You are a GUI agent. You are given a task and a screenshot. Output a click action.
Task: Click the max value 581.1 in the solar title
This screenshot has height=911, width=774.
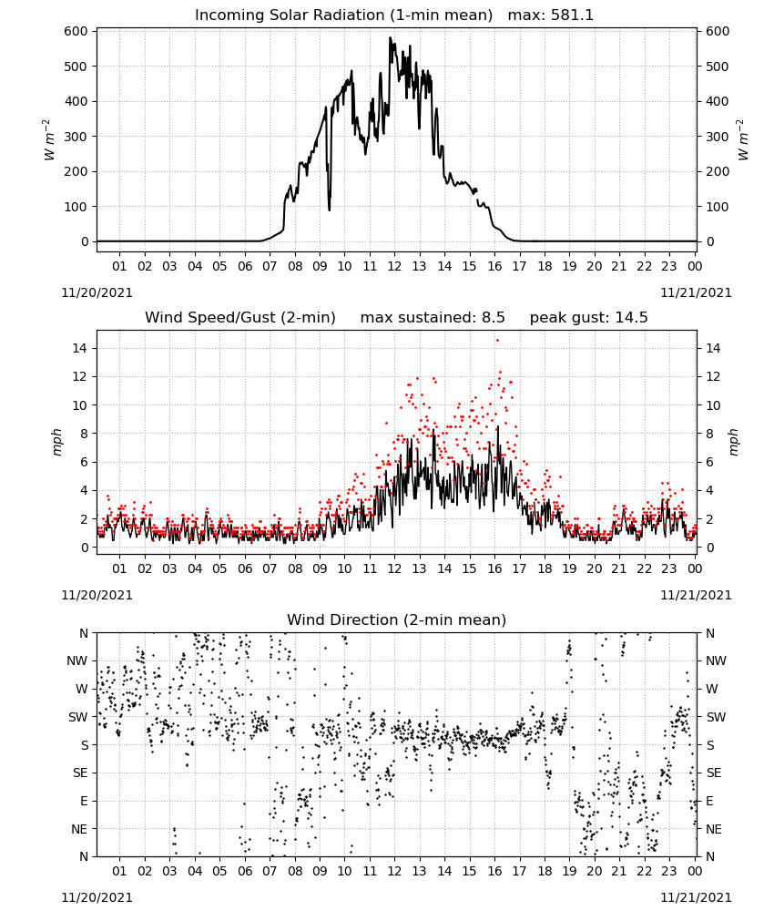coord(571,15)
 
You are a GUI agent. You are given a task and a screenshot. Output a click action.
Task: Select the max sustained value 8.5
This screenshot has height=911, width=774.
coord(494,317)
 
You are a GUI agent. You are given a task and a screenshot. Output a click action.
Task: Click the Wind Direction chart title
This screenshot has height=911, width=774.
coord(397,619)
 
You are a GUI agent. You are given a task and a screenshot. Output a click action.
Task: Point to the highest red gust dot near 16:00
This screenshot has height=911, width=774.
coord(497,341)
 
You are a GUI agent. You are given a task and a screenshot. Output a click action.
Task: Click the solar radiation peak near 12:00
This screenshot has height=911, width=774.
coord(391,38)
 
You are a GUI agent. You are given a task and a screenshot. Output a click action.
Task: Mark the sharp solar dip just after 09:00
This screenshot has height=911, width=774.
coord(330,210)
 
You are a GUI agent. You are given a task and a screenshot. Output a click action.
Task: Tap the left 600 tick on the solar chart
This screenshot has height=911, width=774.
coord(76,31)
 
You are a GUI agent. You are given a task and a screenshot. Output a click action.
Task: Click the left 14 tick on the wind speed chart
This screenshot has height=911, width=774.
coord(80,348)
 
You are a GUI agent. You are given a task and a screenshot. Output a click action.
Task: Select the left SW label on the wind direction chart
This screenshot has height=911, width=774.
coord(78,717)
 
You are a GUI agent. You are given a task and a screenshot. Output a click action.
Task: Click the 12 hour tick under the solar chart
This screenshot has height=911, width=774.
coord(394,266)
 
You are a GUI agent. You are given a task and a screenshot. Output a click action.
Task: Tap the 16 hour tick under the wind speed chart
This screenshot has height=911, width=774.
coord(494,568)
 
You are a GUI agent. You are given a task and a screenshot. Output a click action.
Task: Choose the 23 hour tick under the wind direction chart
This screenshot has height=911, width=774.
coord(669,871)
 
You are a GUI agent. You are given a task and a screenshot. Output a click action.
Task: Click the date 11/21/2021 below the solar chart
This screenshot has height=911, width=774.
coord(696,292)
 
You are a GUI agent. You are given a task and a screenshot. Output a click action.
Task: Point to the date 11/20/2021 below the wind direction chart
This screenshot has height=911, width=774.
coord(97,897)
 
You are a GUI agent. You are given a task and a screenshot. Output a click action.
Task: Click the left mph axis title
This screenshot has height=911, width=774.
coord(56,442)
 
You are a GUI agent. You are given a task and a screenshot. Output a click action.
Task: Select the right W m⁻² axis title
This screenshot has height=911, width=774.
coord(743,139)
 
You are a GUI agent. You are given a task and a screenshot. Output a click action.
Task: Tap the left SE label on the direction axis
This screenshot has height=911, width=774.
coord(80,773)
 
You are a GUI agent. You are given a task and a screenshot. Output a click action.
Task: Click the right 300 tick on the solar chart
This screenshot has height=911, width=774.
coord(718,137)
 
